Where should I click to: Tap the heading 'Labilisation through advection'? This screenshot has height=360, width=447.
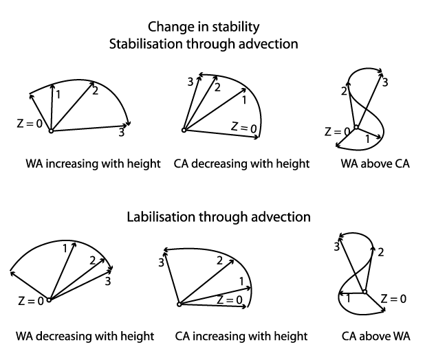[x=219, y=217]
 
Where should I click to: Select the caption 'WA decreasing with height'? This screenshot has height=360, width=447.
[x=85, y=337]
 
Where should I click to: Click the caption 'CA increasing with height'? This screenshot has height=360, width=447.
[x=241, y=337]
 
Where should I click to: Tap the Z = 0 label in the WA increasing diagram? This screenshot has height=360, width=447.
[x=30, y=124]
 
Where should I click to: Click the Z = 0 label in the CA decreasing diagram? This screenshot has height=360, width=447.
[x=243, y=127]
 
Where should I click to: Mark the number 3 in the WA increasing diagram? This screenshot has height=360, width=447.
[x=121, y=133]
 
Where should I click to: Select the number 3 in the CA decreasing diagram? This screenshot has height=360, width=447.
[x=191, y=82]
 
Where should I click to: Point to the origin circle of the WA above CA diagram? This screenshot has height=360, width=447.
[x=356, y=128]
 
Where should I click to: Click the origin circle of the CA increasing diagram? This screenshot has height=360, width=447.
[x=179, y=304]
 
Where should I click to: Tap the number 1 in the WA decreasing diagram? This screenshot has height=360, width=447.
[x=64, y=248]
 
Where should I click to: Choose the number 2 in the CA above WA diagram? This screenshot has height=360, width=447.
[x=380, y=253]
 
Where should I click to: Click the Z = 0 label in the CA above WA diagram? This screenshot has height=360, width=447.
[x=393, y=298]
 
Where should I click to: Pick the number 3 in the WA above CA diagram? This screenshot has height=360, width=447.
[x=385, y=82]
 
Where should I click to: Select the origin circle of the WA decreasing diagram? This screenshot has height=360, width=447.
[x=49, y=299]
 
